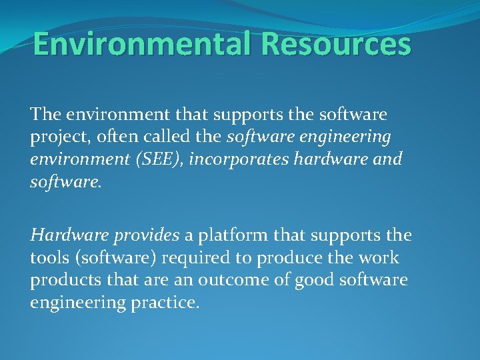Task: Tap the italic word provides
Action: click(146, 235)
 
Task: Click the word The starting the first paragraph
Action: click(45, 115)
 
